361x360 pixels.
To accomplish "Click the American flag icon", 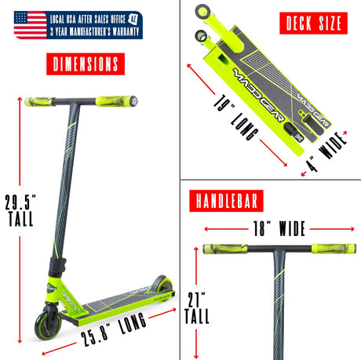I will coord(30,24).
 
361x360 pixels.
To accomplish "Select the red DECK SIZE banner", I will coord(312,24).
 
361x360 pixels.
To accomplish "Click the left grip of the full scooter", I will coord(38,100).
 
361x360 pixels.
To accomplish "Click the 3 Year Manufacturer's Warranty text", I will coord(94,31).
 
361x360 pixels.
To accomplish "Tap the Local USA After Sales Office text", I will coord(89,17).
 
